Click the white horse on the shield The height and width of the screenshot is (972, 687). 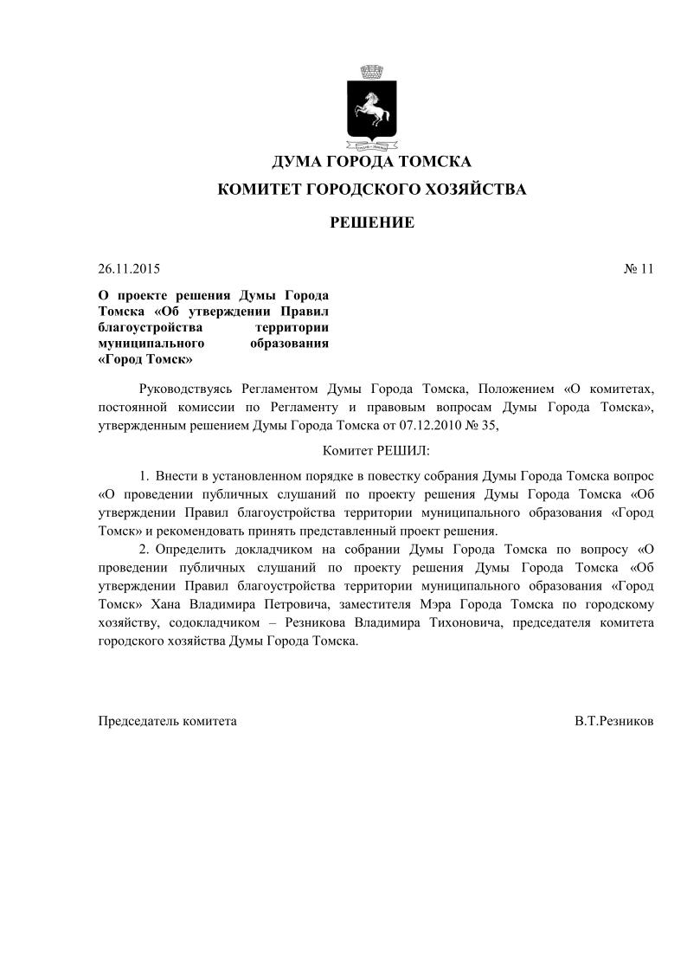(x=370, y=108)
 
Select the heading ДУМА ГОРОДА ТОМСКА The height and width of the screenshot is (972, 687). (x=371, y=162)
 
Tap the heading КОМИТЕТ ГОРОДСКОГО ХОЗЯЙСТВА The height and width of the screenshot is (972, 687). (x=371, y=190)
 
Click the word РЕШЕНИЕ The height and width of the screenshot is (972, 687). (x=372, y=223)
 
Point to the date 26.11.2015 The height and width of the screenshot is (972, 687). (x=129, y=268)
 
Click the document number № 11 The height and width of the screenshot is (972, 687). (x=638, y=268)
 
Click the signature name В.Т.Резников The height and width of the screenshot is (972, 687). (x=613, y=720)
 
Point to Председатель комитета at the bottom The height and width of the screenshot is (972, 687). (x=167, y=720)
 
